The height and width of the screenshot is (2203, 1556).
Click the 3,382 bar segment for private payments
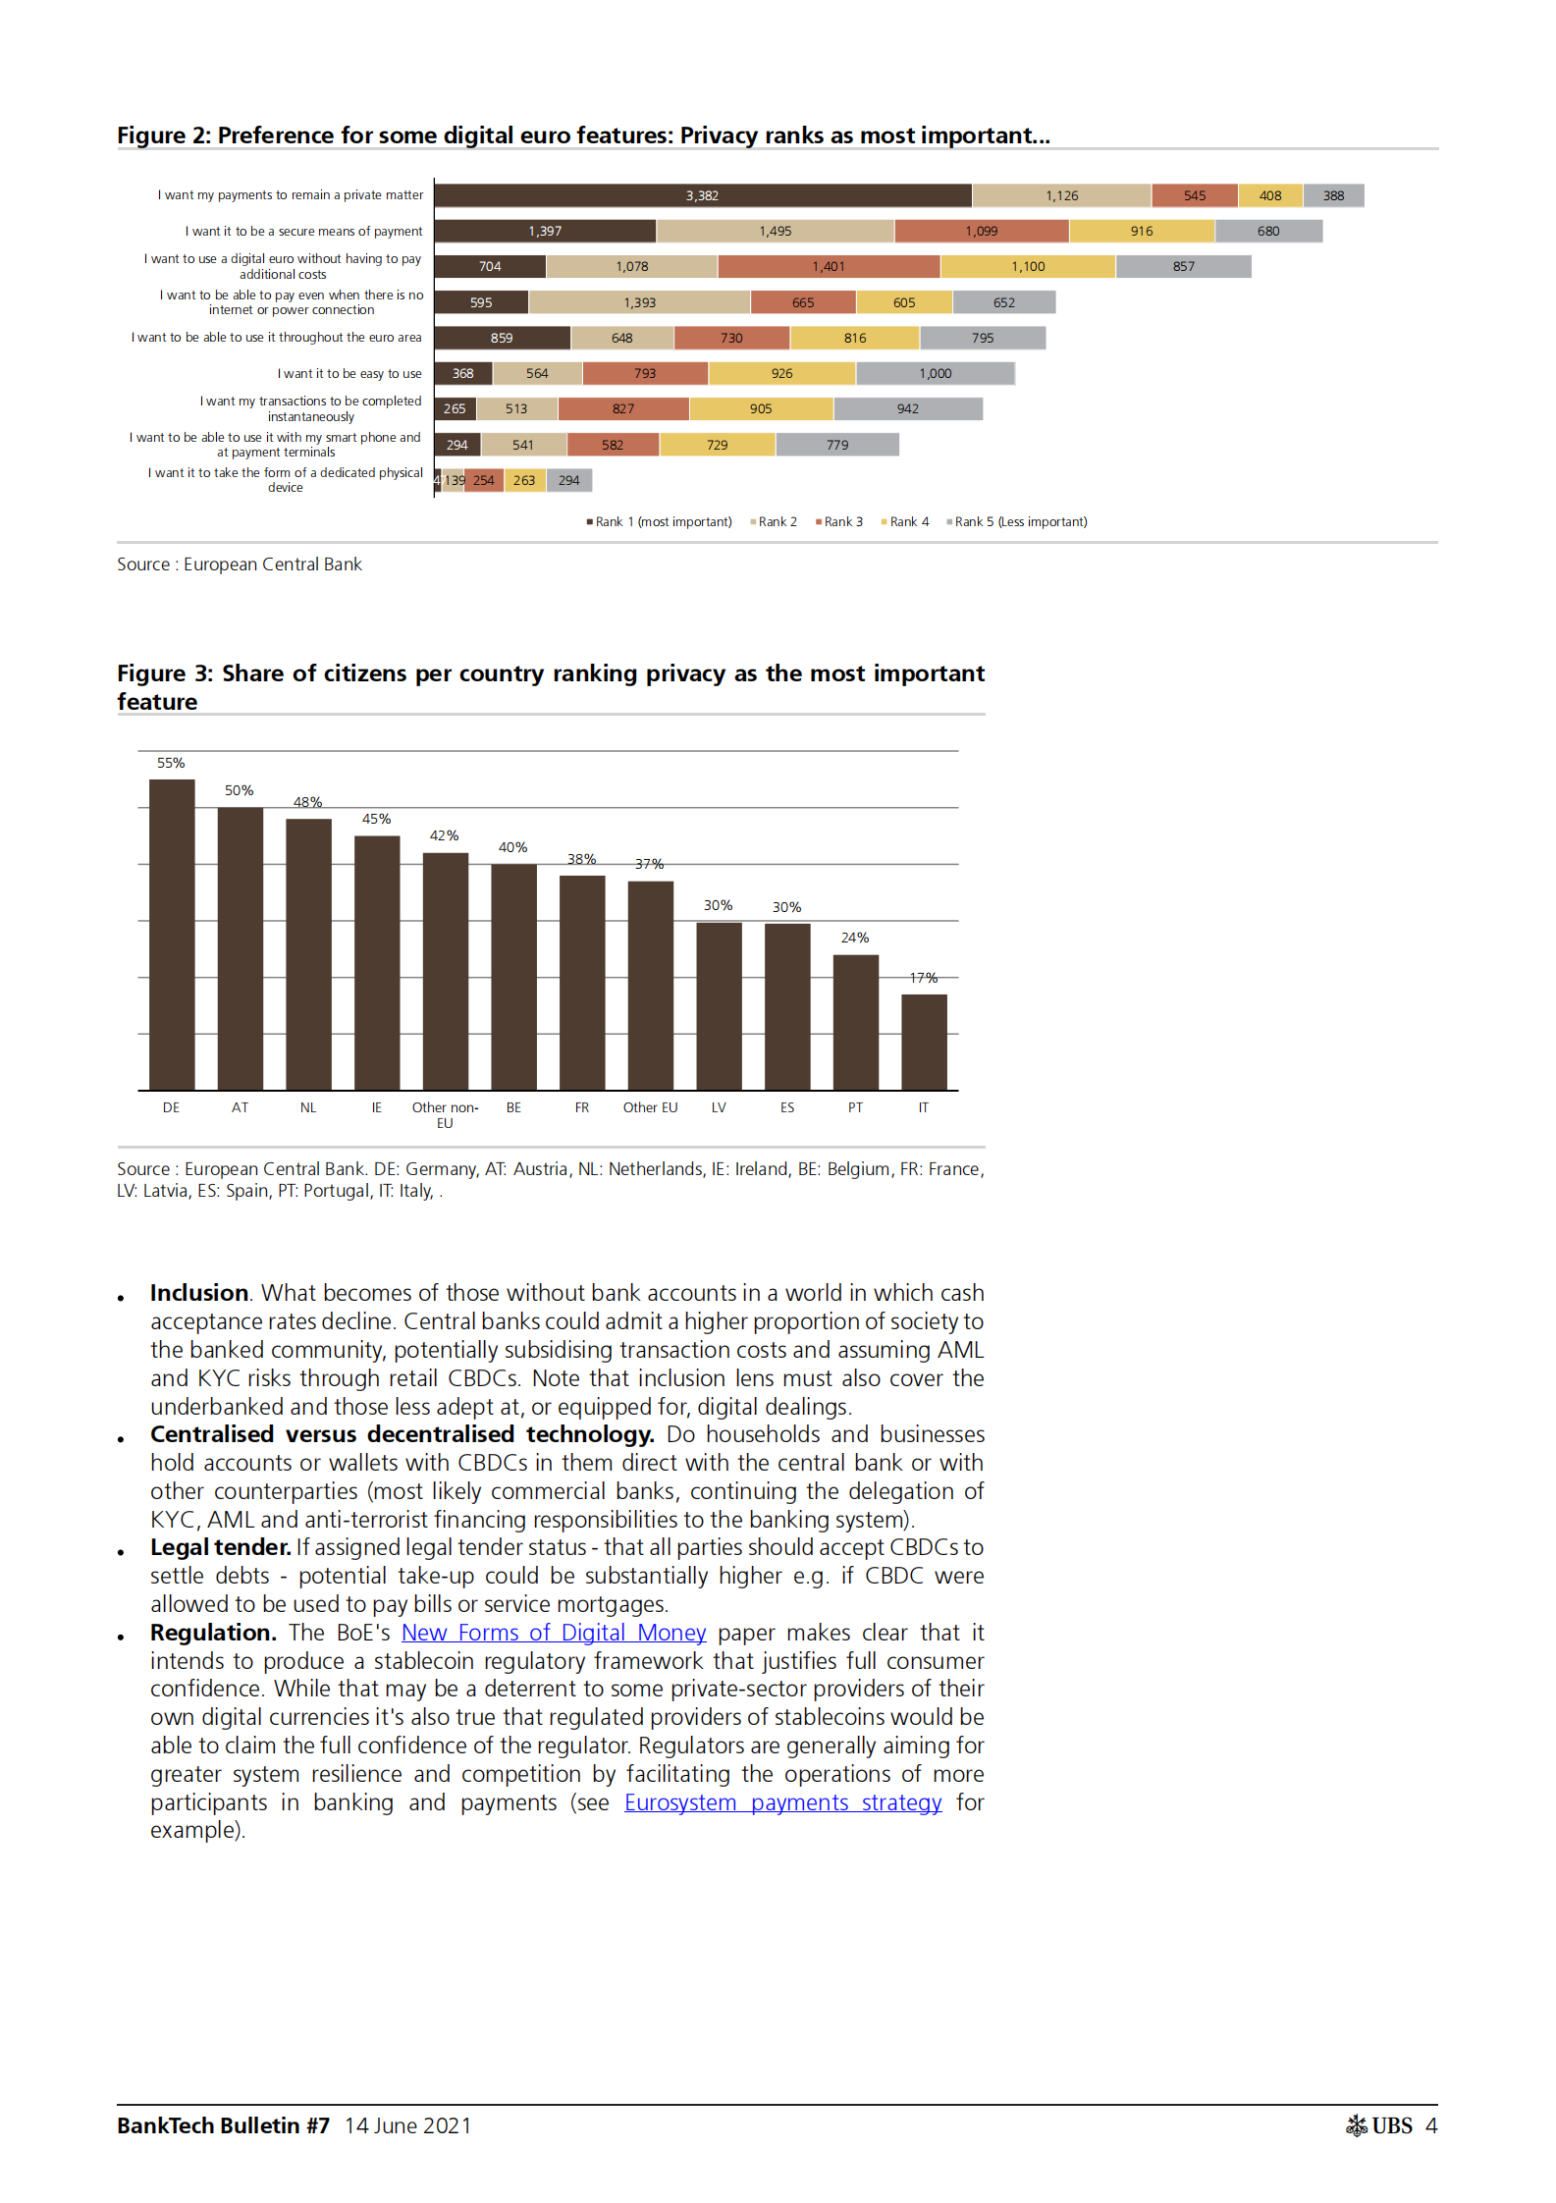pyautogui.click(x=702, y=195)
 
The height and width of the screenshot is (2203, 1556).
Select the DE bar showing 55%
pyautogui.click(x=171, y=933)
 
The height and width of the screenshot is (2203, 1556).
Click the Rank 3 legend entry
pyautogui.click(x=840, y=521)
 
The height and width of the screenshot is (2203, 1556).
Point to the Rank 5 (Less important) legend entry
pyautogui.click(x=1018, y=521)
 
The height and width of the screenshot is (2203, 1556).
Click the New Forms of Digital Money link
pyautogui.click(x=554, y=1633)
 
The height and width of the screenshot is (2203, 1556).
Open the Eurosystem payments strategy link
pyautogui.click(x=782, y=1802)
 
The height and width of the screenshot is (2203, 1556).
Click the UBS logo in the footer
pyautogui.click(x=1379, y=2125)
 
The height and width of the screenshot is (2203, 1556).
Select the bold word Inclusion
pyautogui.click(x=199, y=1293)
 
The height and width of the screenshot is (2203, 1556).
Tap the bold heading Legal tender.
pyautogui.click(x=220, y=1547)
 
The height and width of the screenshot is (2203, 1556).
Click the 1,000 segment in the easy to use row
pyautogui.click(x=935, y=373)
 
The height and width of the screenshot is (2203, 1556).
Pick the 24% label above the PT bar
pyautogui.click(x=855, y=938)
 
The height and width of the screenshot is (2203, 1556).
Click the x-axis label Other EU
pyautogui.click(x=650, y=1107)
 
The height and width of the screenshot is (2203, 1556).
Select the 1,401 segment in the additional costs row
pyautogui.click(x=829, y=266)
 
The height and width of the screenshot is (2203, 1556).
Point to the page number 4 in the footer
pyautogui.click(x=1431, y=2125)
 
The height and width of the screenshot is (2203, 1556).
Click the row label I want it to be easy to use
pyautogui.click(x=349, y=373)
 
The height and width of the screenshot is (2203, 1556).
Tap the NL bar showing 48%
pyautogui.click(x=308, y=952)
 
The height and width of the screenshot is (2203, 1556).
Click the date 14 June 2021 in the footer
pyautogui.click(x=407, y=2125)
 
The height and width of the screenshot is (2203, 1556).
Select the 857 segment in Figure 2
pyautogui.click(x=1183, y=266)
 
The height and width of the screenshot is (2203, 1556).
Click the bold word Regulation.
pyautogui.click(x=213, y=1633)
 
